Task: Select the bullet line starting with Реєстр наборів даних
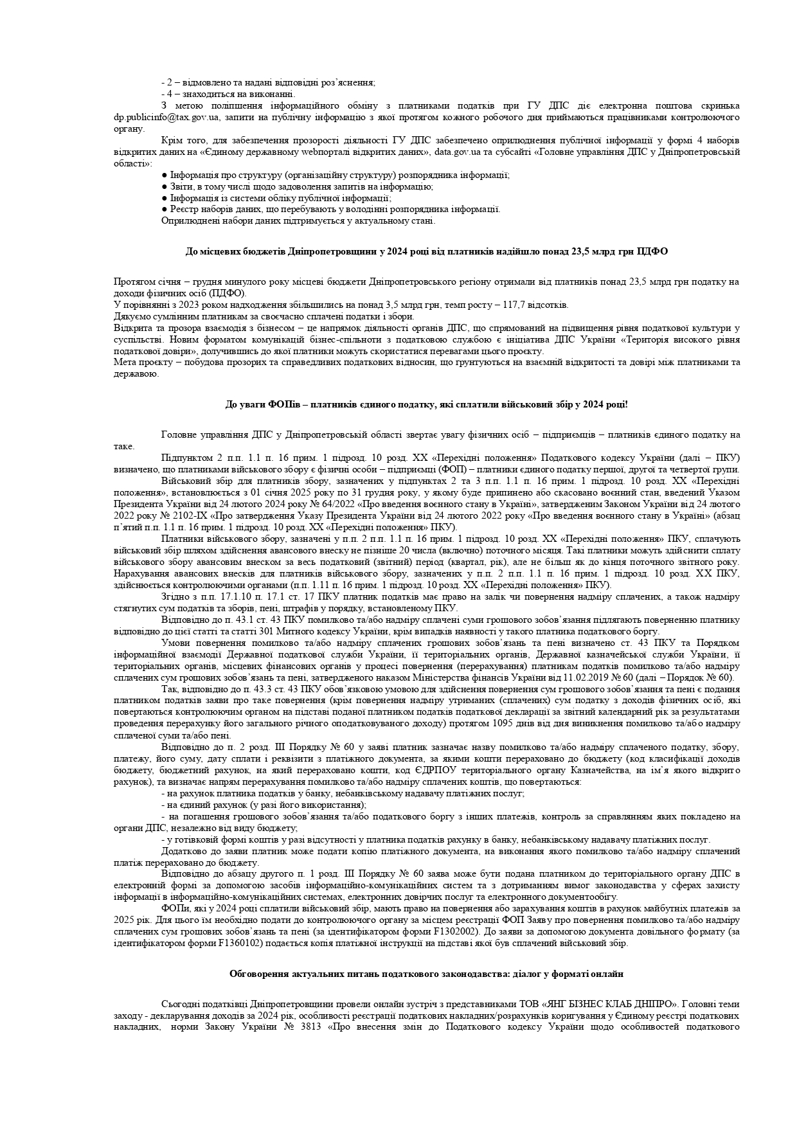pos(330,209)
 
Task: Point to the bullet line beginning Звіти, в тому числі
pos(297,186)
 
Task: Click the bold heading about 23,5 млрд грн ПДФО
pos(426,252)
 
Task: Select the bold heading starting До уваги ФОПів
pos(426,404)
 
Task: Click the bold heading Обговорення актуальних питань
pos(426,974)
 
